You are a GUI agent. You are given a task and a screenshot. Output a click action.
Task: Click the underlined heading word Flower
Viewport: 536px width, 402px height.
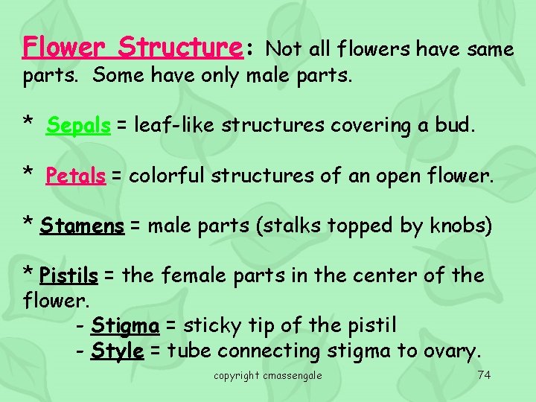point(65,48)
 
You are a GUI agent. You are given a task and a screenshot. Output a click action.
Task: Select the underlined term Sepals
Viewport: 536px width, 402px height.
point(78,126)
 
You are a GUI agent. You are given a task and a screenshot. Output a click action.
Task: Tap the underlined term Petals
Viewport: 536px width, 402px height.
point(75,176)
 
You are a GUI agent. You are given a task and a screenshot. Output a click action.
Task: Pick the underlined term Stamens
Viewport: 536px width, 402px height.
point(83,226)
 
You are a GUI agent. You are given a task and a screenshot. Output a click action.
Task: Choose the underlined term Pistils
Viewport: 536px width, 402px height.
point(68,276)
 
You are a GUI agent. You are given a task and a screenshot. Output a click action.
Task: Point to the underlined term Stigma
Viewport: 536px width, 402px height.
point(125,326)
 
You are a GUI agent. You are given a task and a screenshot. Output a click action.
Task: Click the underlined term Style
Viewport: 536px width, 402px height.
point(118,351)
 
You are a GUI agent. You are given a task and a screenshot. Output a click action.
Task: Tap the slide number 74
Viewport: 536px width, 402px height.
point(484,374)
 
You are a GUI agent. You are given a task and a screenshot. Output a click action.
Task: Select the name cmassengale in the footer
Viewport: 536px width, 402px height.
point(293,375)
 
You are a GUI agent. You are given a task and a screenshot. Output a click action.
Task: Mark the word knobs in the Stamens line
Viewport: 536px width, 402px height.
point(457,226)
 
